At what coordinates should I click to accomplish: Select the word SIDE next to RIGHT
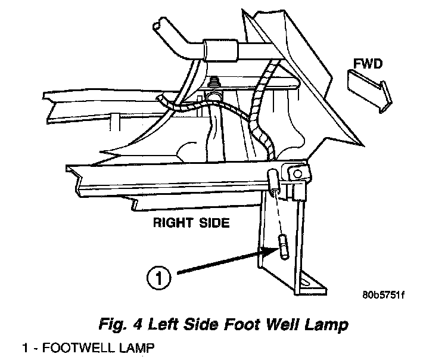click(x=209, y=224)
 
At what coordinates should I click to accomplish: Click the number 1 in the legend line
click(x=26, y=347)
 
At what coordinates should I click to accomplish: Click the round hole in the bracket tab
click(x=295, y=173)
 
